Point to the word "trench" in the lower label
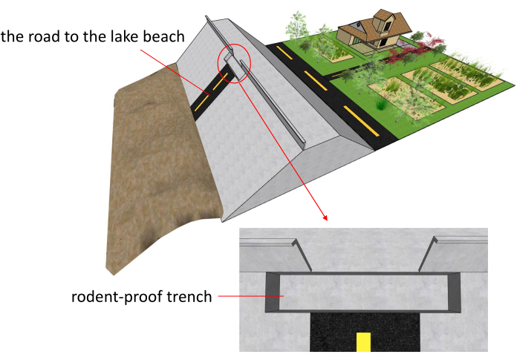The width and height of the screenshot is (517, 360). click(189, 296)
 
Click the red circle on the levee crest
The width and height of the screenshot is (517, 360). click(234, 46)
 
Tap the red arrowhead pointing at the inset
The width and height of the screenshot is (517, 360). click(325, 217)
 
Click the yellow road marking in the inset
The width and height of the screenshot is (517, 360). click(363, 342)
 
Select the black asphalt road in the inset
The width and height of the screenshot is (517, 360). click(365, 332)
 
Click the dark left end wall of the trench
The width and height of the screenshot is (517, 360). click(273, 292)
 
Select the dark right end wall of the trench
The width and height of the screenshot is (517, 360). click(454, 292)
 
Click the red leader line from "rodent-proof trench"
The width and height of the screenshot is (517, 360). click(251, 296)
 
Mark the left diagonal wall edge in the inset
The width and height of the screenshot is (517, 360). click(302, 255)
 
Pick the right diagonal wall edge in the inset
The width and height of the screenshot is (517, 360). click(427, 254)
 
